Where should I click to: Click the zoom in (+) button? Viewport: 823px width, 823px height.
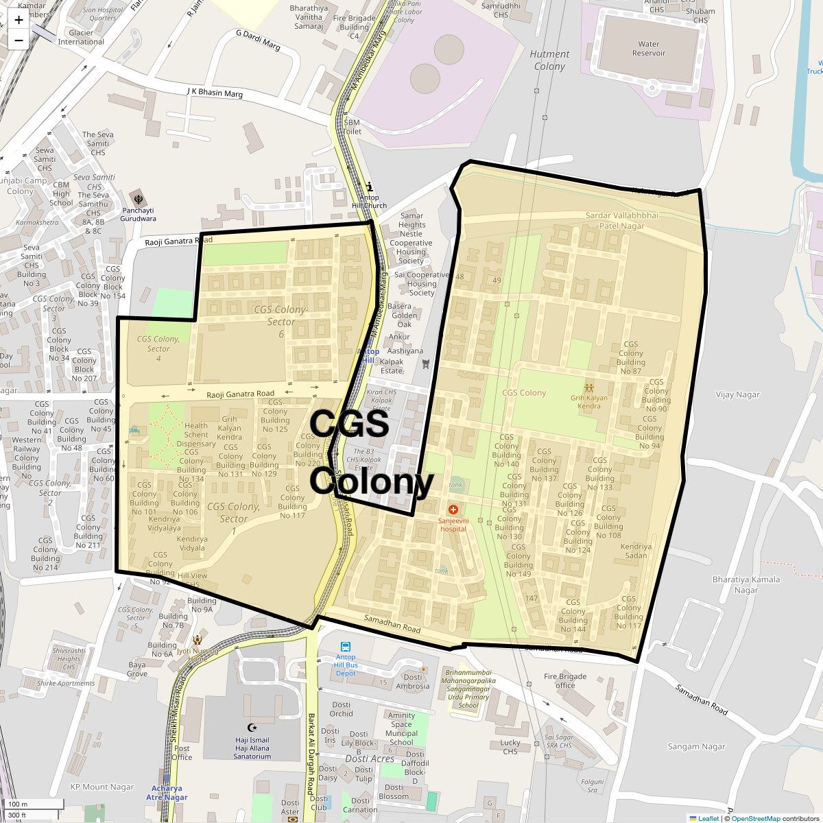click(x=19, y=20)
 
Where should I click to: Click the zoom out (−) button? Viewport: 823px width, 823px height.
click(x=19, y=40)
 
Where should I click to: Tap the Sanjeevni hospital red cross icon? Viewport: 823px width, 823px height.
click(x=453, y=510)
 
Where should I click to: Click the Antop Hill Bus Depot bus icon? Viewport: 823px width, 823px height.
click(x=345, y=646)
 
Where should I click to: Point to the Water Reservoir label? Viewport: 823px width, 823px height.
click(x=648, y=49)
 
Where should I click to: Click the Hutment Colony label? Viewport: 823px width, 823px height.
click(x=549, y=60)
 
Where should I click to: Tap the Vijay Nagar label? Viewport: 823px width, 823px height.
click(x=738, y=394)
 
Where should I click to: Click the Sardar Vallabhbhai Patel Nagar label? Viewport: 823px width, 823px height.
click(x=622, y=220)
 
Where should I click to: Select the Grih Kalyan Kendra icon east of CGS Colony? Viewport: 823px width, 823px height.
click(x=588, y=387)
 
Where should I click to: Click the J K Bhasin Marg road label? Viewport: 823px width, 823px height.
click(x=215, y=93)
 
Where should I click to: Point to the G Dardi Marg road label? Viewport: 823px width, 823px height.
click(x=258, y=40)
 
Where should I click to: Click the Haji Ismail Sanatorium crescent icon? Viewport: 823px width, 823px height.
click(x=252, y=728)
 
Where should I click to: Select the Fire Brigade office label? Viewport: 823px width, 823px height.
click(x=565, y=680)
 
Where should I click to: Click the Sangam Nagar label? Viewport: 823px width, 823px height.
click(x=696, y=746)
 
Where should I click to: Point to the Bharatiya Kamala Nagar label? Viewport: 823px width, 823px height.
click(x=746, y=584)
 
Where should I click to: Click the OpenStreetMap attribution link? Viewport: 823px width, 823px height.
click(x=755, y=818)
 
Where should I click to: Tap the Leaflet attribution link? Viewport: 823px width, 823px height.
click(x=708, y=818)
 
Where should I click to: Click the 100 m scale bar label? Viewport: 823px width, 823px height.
click(x=18, y=804)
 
